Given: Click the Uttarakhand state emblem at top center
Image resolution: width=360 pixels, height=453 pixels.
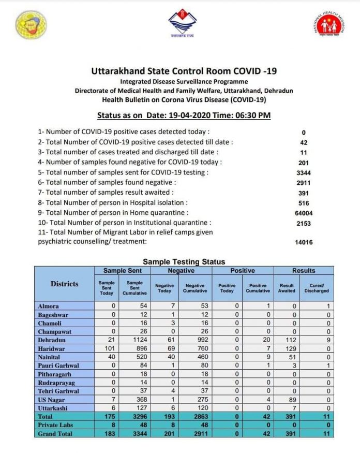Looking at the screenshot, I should point(182,23).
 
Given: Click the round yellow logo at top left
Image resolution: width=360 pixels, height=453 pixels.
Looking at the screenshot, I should point(31,24).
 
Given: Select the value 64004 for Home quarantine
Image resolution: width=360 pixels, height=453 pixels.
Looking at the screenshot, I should point(304,213).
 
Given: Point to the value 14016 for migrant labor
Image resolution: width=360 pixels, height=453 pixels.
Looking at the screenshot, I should point(304,242).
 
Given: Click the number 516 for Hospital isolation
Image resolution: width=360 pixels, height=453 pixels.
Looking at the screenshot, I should point(304,203).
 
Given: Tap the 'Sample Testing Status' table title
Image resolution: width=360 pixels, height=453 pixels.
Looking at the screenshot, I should point(184,262).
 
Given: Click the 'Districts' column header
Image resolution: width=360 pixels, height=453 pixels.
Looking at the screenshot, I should point(65,284).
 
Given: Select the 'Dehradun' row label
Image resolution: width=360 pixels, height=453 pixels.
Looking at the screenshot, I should point(52,340).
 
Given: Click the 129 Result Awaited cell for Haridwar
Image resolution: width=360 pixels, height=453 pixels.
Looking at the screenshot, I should point(288,349).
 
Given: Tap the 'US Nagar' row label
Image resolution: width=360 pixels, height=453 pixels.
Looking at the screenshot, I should point(52,400).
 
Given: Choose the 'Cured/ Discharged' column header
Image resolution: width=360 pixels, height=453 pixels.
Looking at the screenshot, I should point(316,288).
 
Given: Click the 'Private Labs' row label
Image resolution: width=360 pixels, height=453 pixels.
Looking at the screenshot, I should point(55,425).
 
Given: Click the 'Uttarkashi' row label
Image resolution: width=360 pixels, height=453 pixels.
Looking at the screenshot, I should point(53,408).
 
